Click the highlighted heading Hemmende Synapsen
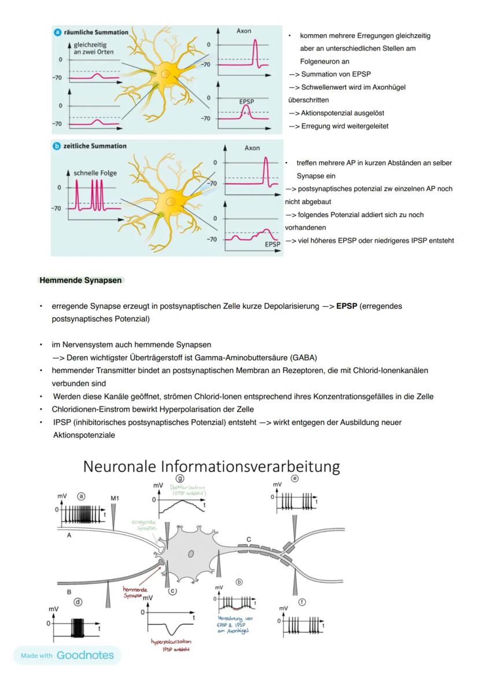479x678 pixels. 80,280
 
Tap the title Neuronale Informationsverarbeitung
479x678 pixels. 211,467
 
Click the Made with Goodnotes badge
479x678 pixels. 67,655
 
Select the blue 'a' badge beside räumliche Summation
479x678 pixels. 57,32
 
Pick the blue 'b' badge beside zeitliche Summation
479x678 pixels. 57,146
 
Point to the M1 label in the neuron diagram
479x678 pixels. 114,497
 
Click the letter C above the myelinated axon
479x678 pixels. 249,539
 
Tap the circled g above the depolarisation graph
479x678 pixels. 180,478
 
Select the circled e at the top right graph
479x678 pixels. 295,479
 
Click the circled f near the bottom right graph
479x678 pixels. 302,602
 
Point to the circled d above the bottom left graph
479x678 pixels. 79,602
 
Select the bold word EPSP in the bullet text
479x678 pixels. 346,305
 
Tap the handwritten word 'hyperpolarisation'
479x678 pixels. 171,642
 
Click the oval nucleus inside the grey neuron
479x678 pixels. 190,554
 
